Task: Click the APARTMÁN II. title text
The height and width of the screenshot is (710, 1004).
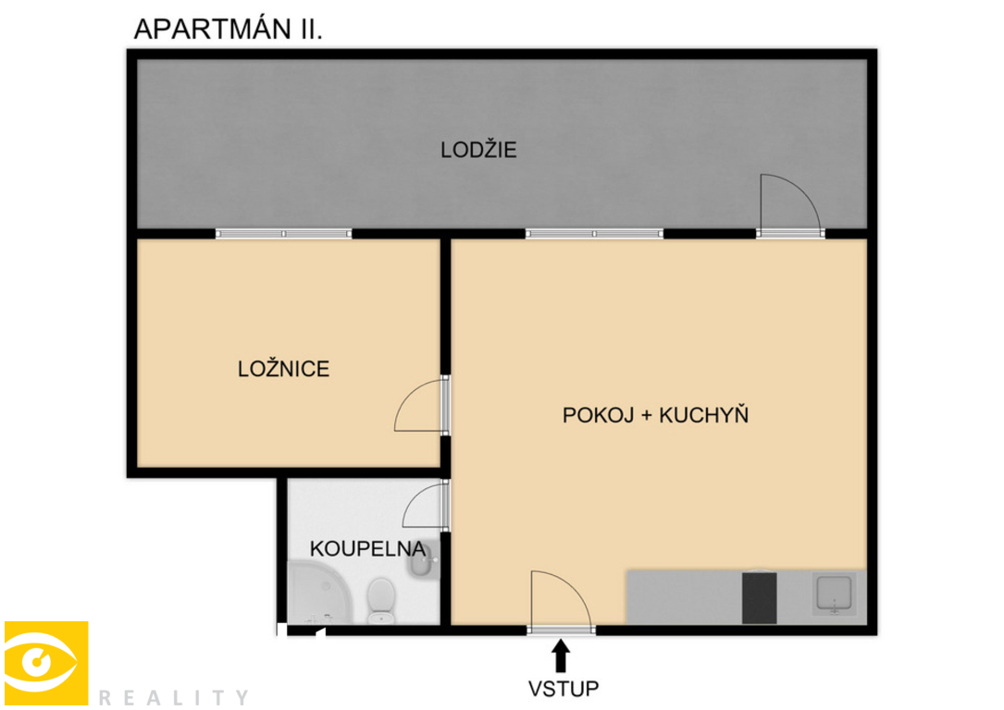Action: (228, 29)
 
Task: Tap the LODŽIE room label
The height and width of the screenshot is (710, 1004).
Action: (478, 150)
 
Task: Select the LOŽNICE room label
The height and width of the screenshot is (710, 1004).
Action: (284, 369)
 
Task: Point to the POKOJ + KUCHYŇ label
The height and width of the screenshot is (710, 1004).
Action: (655, 414)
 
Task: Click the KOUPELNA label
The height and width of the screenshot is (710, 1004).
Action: (367, 549)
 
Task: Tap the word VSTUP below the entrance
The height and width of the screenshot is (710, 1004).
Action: (563, 689)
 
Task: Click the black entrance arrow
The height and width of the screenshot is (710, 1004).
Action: (561, 655)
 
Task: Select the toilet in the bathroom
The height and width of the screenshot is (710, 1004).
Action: (381, 600)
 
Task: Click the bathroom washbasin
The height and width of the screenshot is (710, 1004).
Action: (423, 560)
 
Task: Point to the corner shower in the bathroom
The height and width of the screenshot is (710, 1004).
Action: (319, 593)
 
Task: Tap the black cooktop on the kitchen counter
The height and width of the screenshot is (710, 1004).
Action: (759, 598)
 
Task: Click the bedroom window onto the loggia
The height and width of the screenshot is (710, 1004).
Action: (284, 234)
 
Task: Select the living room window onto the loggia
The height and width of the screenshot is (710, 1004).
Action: (594, 234)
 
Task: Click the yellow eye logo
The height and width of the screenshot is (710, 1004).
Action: (46, 663)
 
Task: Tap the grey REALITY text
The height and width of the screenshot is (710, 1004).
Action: (174, 697)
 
